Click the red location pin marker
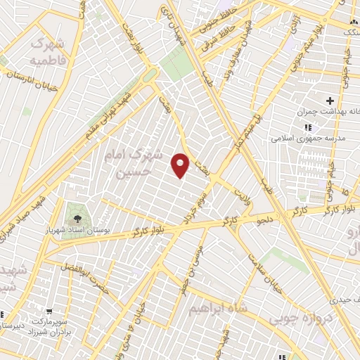click(x=181, y=165)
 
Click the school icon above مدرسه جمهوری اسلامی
click(x=307, y=127)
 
